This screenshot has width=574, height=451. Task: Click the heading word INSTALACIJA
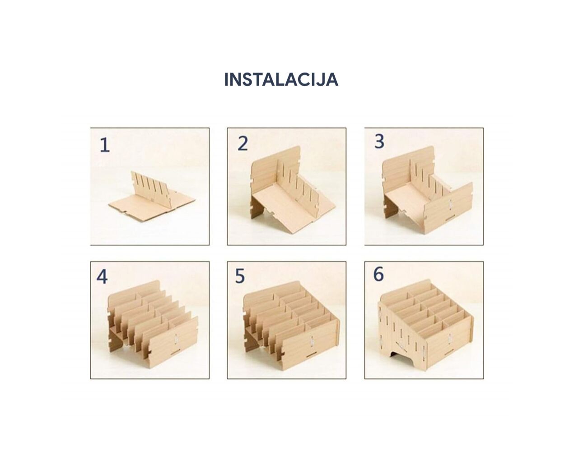(x=281, y=79)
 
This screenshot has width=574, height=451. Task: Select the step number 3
(x=379, y=142)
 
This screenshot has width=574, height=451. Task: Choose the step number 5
(x=240, y=276)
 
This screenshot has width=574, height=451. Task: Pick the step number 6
(x=378, y=274)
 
